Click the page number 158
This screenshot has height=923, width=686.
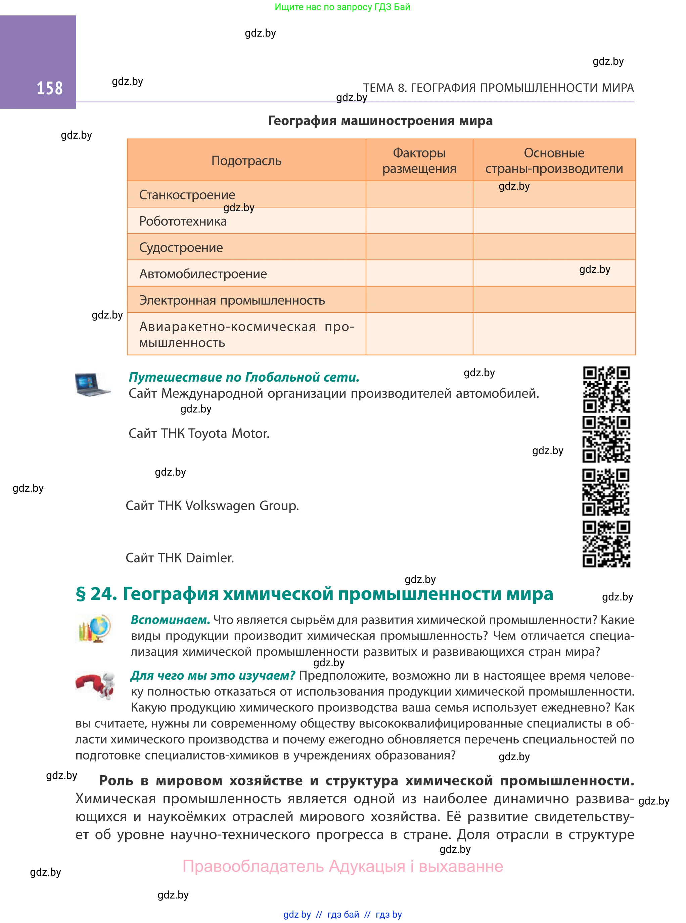49,88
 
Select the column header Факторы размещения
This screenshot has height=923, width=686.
419,161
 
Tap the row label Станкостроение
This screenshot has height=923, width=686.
187,195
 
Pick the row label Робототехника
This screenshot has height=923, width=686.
183,221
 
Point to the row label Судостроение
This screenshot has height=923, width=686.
181,247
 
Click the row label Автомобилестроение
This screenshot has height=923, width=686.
203,274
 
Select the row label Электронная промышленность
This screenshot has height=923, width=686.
232,300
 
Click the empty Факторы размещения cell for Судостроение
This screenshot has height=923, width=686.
419,247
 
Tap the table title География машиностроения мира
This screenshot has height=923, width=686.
380,121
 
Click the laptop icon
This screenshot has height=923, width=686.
92,384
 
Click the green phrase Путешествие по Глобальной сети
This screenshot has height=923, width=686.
244,377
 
